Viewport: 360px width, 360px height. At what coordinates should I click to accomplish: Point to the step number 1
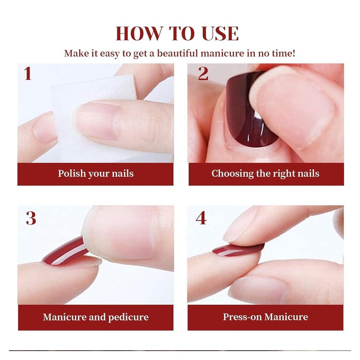tap(28, 73)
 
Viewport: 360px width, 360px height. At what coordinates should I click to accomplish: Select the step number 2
tap(203, 73)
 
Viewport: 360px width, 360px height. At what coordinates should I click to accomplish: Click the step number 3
tap(31, 218)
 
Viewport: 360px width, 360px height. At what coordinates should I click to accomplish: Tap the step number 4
tap(201, 218)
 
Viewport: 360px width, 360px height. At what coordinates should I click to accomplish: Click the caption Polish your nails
tap(96, 174)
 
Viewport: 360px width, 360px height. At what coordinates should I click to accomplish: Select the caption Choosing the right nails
tap(265, 174)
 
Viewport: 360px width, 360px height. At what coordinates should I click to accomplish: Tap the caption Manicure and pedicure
tap(96, 317)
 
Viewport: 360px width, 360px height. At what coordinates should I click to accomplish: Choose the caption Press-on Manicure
tap(265, 317)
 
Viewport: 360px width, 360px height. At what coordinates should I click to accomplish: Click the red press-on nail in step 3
tap(66, 252)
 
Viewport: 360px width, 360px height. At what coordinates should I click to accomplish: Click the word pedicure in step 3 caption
tap(128, 318)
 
